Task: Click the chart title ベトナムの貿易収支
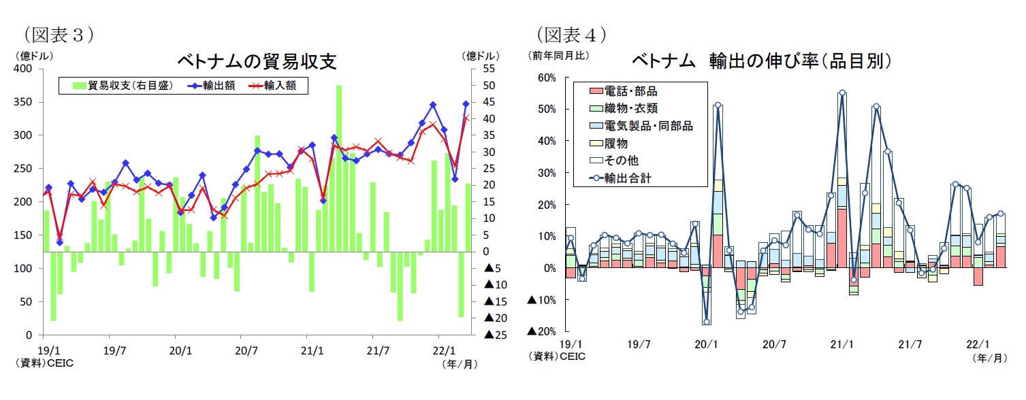click(x=257, y=61)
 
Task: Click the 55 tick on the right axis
click(x=490, y=69)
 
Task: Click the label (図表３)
click(x=59, y=34)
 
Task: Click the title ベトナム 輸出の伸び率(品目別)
click(x=761, y=61)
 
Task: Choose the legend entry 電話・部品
click(x=630, y=90)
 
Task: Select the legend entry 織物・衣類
click(x=630, y=108)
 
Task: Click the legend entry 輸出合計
click(x=630, y=179)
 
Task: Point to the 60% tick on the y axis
click(x=547, y=78)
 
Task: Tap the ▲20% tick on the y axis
click(x=542, y=331)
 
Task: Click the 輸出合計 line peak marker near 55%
click(x=842, y=93)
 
